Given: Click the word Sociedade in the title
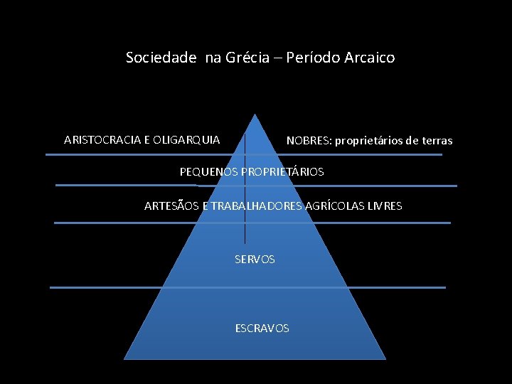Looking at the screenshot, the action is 161,58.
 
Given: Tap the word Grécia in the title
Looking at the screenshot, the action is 247,58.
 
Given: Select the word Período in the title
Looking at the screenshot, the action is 311,58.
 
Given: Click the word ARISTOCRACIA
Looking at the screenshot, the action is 102,139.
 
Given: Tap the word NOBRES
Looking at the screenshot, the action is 308,141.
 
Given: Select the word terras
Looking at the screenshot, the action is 437,141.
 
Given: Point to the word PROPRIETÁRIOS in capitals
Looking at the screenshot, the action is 283,172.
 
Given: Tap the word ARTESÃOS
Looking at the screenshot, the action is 171,206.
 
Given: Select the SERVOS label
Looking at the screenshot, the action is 255,260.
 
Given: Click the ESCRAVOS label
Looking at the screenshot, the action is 262,329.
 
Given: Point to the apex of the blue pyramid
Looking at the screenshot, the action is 254,114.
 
